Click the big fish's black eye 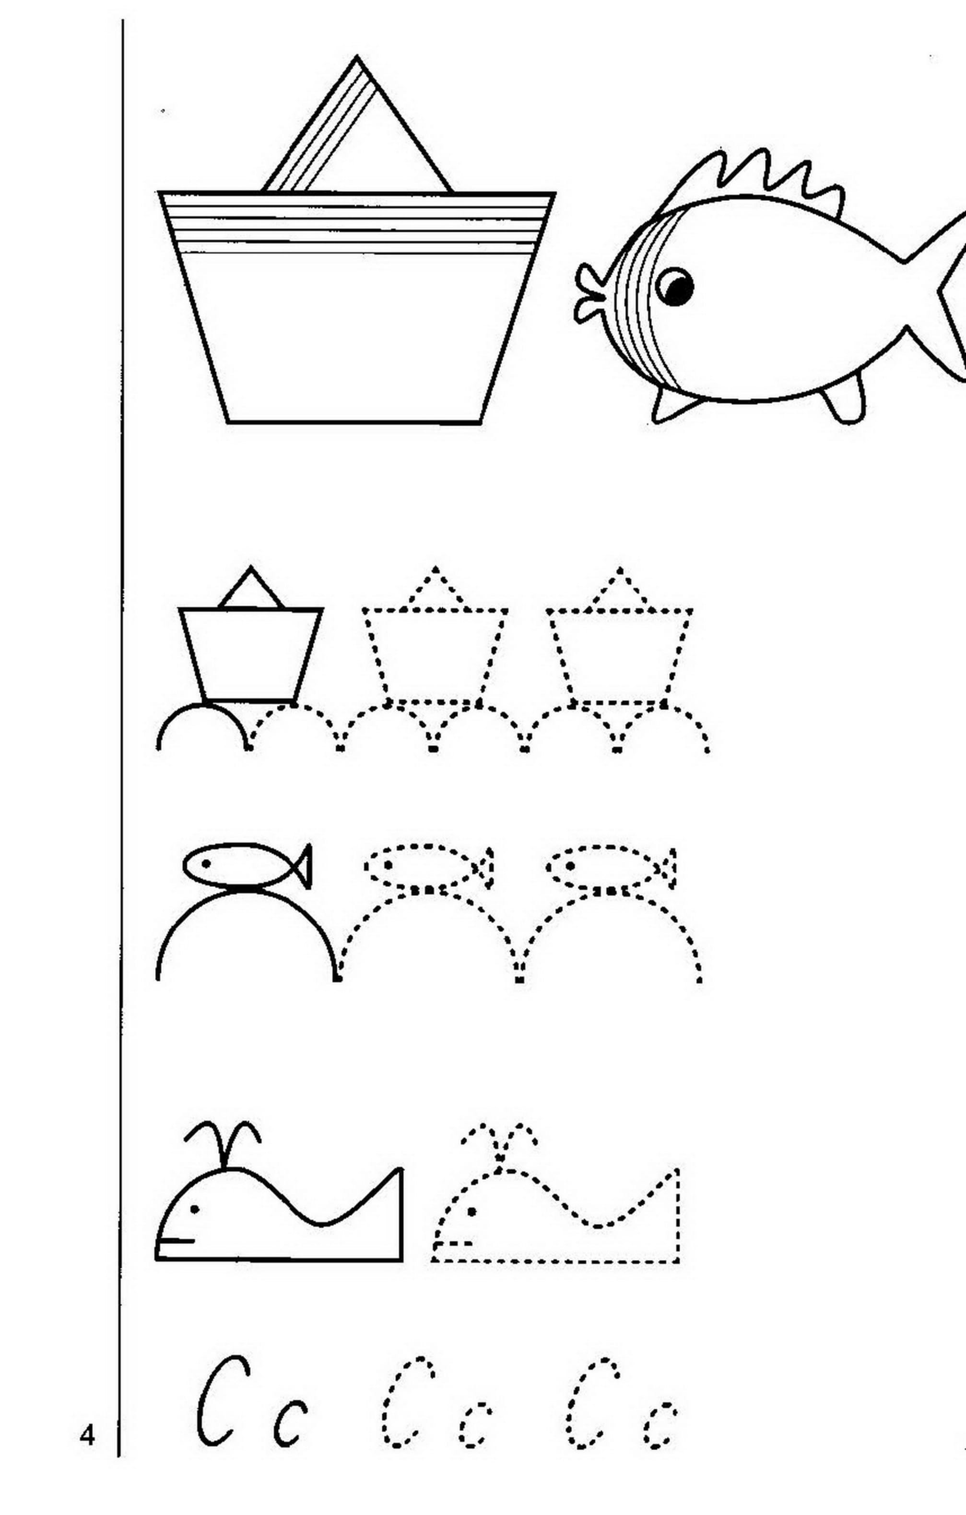tap(675, 287)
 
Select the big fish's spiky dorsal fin tap(755, 179)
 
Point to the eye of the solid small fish tap(206, 862)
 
